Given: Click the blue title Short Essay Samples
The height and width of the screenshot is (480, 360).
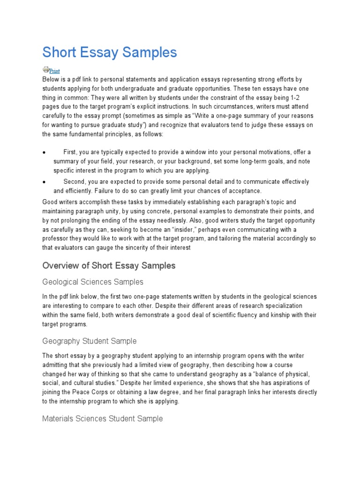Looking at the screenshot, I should point(110,52).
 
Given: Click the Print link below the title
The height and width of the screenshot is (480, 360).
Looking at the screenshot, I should point(54,71).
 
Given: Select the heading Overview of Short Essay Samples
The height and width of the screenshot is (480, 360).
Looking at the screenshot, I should point(109,266).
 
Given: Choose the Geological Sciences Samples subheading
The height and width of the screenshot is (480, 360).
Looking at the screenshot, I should point(93,282).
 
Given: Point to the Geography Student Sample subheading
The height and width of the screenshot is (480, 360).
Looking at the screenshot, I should point(89,341).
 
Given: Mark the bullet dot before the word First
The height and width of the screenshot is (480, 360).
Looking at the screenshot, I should point(44,152).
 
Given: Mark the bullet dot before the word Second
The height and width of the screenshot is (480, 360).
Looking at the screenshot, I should point(44,182).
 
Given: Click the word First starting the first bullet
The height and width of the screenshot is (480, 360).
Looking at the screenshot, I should point(70,152).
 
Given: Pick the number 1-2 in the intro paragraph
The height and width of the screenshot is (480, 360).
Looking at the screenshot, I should point(307,97).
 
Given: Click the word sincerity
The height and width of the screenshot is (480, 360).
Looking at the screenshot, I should point(139,248).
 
